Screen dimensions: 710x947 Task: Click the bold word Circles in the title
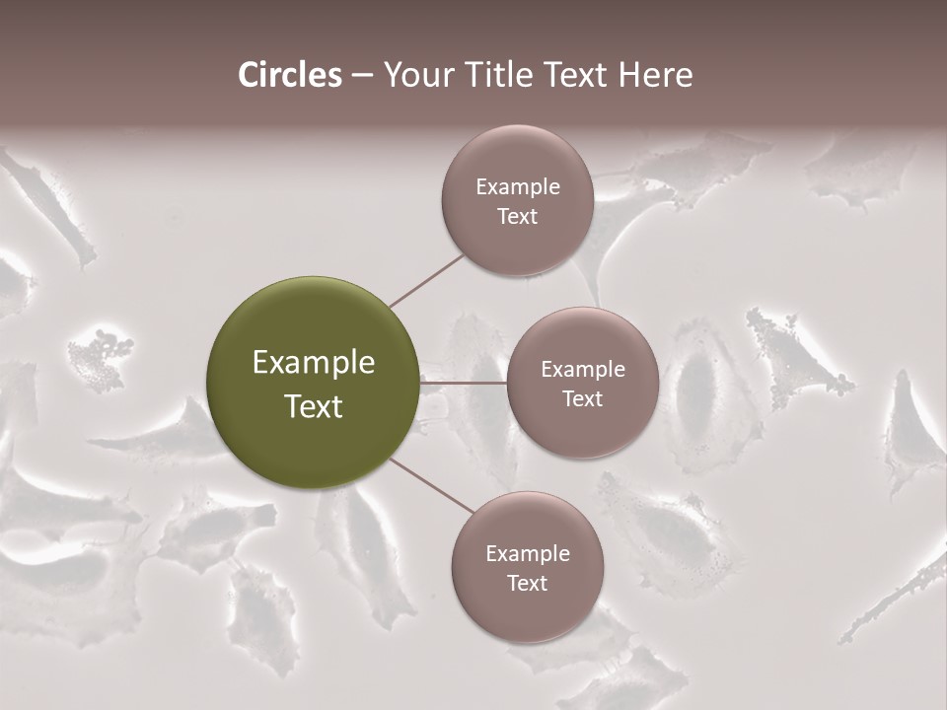click(x=290, y=75)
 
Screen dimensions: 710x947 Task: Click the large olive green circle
click(x=314, y=383)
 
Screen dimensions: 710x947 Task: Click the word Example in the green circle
click(x=314, y=363)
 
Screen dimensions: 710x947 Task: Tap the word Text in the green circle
click(x=314, y=406)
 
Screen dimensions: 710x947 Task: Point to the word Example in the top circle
click(x=517, y=187)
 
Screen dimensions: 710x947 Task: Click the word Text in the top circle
click(x=517, y=217)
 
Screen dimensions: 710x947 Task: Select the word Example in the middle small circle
click(x=582, y=370)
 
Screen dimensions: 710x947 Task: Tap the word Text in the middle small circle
click(x=582, y=399)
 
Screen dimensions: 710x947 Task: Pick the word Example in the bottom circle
click(x=527, y=554)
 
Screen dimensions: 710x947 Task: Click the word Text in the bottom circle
click(x=527, y=584)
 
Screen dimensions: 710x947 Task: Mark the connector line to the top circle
click(x=426, y=279)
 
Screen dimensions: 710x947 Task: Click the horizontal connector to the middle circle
click(x=464, y=383)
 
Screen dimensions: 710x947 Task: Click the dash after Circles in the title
click(x=362, y=76)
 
